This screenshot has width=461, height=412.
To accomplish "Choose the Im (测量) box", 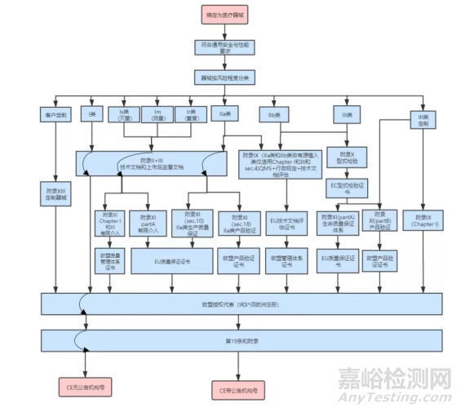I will (x=157, y=115).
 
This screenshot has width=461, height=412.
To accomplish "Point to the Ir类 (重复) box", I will (x=191, y=115).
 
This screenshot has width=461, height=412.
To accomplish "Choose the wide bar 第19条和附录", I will (x=218, y=339).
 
